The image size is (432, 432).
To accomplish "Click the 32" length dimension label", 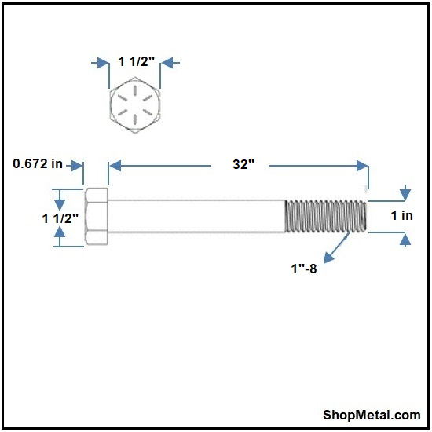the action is pos(243,164).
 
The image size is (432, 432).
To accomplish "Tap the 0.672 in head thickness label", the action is pos(38,163).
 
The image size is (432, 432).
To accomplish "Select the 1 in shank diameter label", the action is pos(402,215).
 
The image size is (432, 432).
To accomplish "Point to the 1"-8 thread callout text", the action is pos(304,269).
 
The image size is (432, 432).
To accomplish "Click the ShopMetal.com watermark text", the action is pos(372,415).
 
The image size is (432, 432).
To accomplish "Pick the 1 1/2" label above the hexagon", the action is pos(137,61).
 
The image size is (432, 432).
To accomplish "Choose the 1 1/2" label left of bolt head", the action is pos(60,219).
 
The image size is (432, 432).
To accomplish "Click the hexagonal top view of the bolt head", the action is pos(135,105).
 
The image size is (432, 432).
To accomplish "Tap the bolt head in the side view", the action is pos(97,217).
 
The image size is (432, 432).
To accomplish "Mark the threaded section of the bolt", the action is pos(326,216).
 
